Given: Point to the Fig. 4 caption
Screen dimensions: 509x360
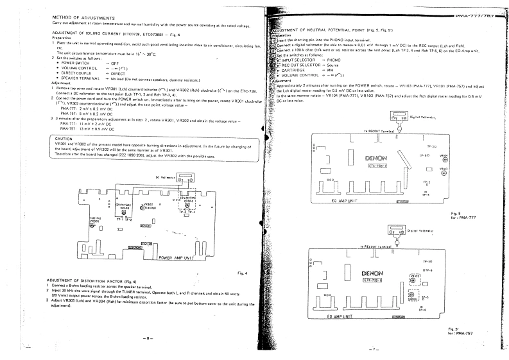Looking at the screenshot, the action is (x=243, y=273).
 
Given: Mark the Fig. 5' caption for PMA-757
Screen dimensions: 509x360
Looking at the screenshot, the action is (x=456, y=330).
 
